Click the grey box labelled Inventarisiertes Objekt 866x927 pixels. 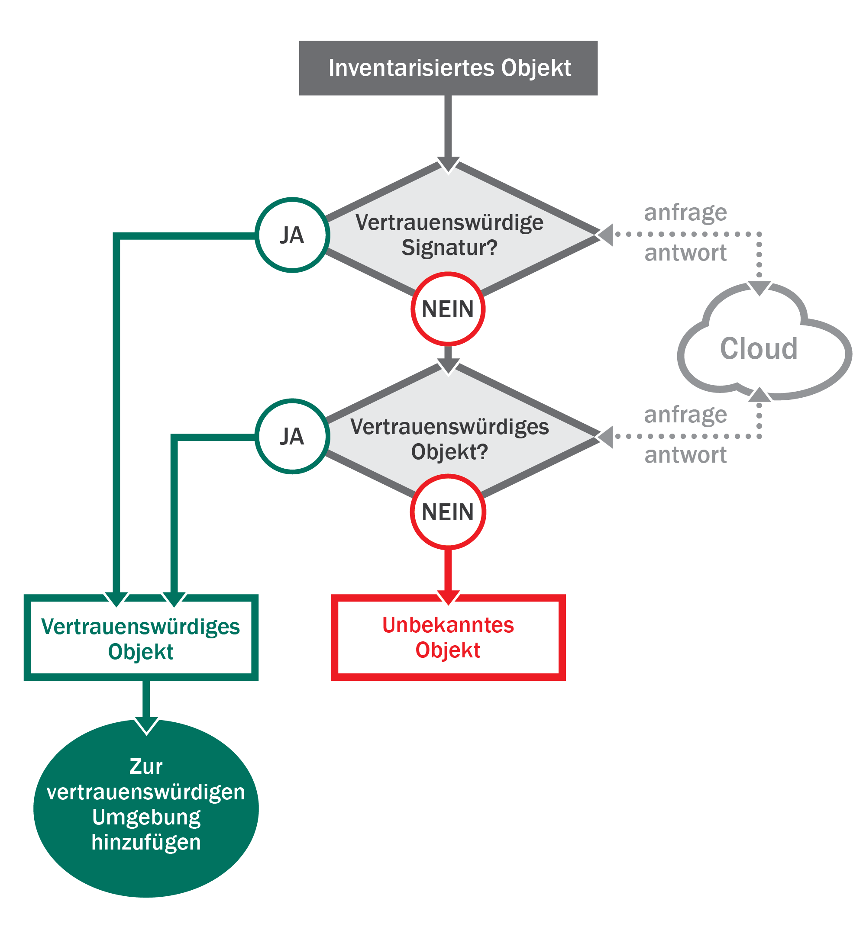448,68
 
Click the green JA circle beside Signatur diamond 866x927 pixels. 292,235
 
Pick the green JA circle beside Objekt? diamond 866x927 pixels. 292,437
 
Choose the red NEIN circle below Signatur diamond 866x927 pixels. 448,309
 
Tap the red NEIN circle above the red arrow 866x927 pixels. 448,512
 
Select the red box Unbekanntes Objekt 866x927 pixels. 448,637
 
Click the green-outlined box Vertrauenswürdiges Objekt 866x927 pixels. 141,637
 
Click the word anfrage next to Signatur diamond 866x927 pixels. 685,213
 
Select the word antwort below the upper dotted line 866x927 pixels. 685,253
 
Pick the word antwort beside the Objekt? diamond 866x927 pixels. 685,455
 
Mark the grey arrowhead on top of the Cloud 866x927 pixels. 759,288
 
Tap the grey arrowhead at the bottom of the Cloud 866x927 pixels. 759,395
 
